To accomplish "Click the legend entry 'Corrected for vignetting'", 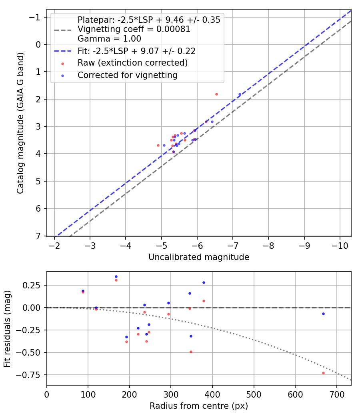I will (x=127, y=75).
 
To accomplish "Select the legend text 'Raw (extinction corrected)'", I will (x=132, y=63).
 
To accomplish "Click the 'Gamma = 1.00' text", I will (x=109, y=39).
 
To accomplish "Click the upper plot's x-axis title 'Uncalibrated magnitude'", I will (x=199, y=257).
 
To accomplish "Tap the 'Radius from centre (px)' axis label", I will (x=199, y=406).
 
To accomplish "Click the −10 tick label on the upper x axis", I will (x=340, y=245).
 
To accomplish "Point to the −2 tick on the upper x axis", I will (x=55, y=245).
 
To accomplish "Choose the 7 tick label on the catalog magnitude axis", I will (x=39, y=236).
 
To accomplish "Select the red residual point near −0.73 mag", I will (x=323, y=373).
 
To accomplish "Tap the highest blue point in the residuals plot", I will (x=116, y=276).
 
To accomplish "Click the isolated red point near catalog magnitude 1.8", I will (x=216, y=94).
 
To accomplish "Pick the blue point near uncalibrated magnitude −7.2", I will (x=240, y=94).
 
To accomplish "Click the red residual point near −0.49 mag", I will (x=191, y=352).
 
